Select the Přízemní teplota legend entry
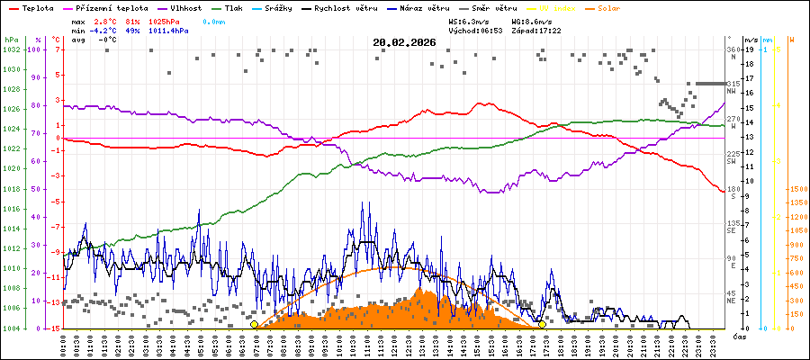pos(113,7)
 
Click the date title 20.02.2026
pos(404,41)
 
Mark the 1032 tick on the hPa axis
pos(10,49)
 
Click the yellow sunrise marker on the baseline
pos(255,324)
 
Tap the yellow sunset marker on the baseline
pos(542,324)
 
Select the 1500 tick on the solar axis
pos(796,189)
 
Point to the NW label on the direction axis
pos(733,91)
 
